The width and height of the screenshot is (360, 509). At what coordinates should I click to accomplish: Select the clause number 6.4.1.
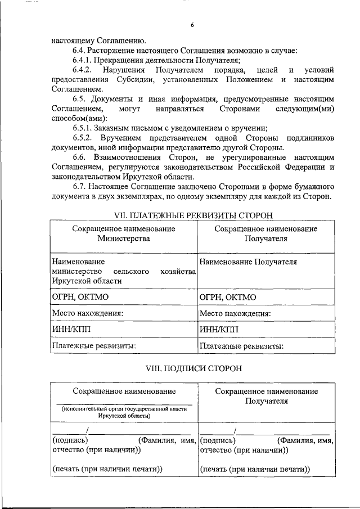pyautogui.click(x=84, y=60)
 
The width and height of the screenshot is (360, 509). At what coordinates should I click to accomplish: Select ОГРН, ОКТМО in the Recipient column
pyautogui.click(x=228, y=297)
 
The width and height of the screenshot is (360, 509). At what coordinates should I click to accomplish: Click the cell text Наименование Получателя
pyautogui.click(x=248, y=262)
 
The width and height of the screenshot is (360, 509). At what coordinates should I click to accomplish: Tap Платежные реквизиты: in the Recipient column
pyautogui.click(x=241, y=345)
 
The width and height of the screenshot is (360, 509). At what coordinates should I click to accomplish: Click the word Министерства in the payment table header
pyautogui.click(x=123, y=238)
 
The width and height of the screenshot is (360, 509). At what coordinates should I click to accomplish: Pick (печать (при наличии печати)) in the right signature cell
pyautogui.click(x=255, y=469)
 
